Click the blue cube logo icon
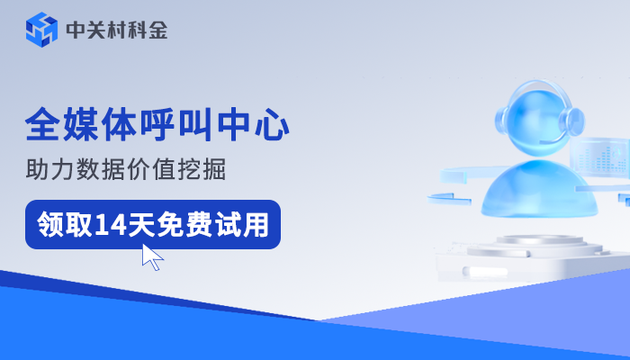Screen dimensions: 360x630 tap(41, 30)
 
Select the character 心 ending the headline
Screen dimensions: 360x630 tap(272, 124)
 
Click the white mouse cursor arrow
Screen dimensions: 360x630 tap(151, 256)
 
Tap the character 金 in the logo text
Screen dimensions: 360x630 tap(157, 31)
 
